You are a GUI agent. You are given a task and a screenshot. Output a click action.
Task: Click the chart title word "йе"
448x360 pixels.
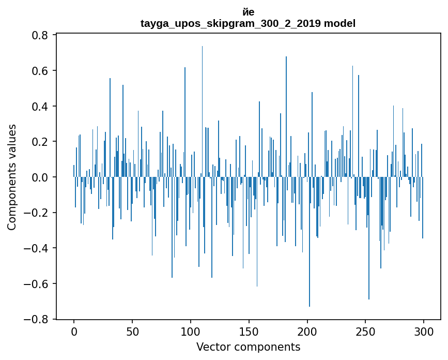(248, 12)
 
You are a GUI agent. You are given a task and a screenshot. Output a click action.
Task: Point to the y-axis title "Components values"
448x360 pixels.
(12, 177)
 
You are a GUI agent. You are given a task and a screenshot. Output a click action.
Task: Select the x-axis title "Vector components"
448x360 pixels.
(248, 347)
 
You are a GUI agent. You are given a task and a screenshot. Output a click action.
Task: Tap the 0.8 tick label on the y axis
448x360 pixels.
(40, 35)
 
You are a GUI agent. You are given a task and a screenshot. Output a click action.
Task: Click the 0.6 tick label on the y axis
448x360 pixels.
(40, 71)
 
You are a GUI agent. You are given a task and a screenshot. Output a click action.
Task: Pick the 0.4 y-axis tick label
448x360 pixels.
(40, 107)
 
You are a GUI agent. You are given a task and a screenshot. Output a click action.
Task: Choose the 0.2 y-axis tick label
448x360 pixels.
(40, 142)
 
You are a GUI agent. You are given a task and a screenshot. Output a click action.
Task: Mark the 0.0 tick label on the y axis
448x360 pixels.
(40, 177)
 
